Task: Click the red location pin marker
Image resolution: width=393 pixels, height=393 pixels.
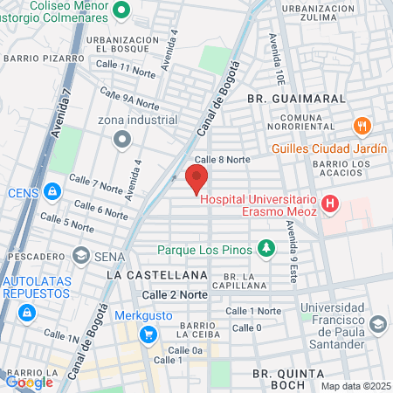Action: pyautogui.click(x=196, y=178)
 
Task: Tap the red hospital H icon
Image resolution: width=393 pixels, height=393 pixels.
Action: pyautogui.click(x=330, y=206)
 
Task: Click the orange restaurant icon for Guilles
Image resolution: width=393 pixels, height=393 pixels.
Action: pyautogui.click(x=362, y=126)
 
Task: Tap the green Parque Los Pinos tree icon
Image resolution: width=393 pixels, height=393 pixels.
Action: pyautogui.click(x=265, y=250)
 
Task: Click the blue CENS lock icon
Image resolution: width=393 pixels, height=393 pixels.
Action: pyautogui.click(x=52, y=191)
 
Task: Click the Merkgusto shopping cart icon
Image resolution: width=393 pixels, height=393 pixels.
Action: pyautogui.click(x=148, y=333)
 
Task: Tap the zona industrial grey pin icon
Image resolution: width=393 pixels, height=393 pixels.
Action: pyautogui.click(x=123, y=138)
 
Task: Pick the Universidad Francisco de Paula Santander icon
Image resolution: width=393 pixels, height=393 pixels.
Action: pyautogui.click(x=377, y=325)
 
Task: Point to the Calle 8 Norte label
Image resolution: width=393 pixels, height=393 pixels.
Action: pyautogui.click(x=222, y=160)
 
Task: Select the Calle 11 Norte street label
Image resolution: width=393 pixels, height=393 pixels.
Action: pyautogui.click(x=125, y=68)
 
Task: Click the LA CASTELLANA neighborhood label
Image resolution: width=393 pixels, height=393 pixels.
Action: pyautogui.click(x=144, y=274)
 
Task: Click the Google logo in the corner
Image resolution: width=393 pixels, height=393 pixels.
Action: pyautogui.click(x=29, y=381)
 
